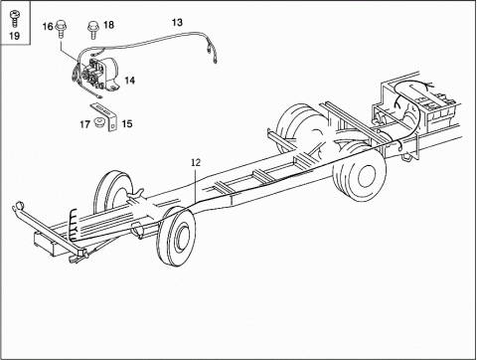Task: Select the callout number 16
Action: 46,26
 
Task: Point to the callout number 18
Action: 108,25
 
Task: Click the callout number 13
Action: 177,21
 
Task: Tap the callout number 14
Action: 130,79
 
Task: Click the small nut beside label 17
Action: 99,123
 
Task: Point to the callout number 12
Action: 196,161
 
